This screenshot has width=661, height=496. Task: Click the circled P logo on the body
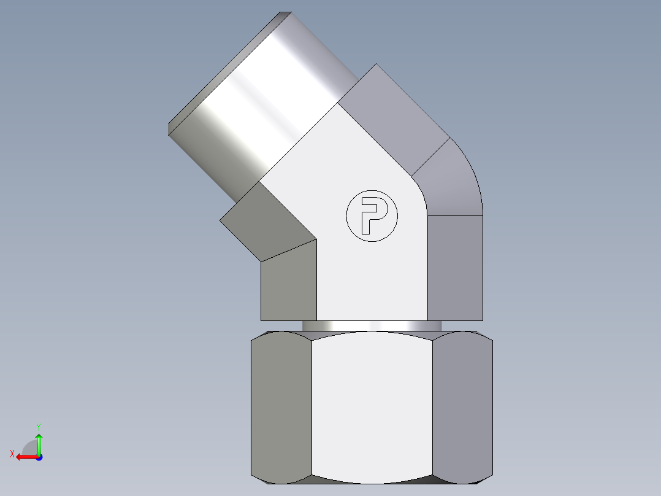[x=372, y=215]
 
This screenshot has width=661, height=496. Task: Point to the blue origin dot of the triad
[x=39, y=457]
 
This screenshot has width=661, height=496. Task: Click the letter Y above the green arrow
[x=38, y=426]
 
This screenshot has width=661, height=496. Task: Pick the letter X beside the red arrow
[x=12, y=454]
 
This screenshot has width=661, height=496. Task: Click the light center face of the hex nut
[x=372, y=405]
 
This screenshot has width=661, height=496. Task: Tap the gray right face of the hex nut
[x=462, y=405]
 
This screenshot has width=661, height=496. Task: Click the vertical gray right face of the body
[x=454, y=267]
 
